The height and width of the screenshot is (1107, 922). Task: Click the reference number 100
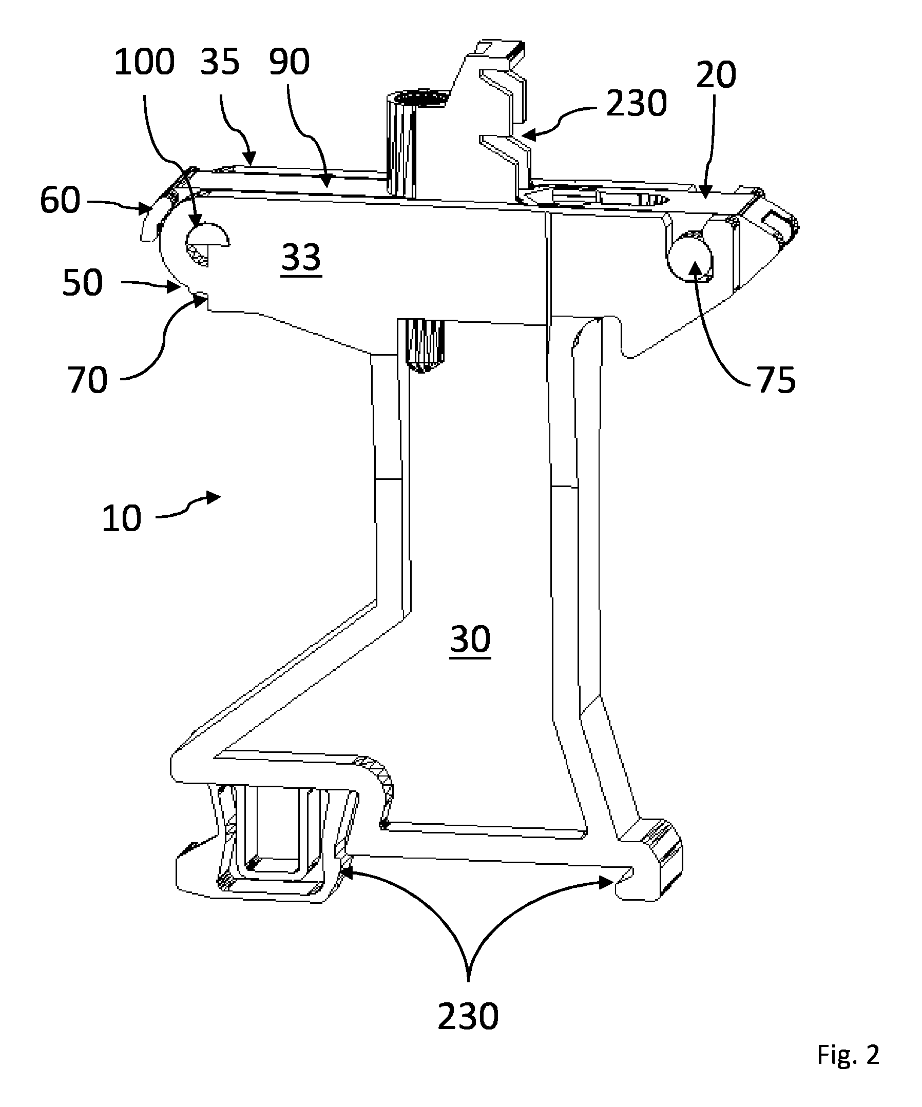(144, 62)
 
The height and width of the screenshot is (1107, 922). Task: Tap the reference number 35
(220, 62)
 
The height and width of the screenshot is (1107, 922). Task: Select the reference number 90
(289, 62)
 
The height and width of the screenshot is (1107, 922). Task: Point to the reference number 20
(716, 75)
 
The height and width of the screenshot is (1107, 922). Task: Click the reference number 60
(60, 201)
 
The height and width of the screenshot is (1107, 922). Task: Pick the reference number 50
(82, 283)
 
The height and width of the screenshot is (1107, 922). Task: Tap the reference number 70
(87, 380)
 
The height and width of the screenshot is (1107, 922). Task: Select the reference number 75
(777, 380)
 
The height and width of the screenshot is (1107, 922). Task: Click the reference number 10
(122, 518)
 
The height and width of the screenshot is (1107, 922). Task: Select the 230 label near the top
(636, 103)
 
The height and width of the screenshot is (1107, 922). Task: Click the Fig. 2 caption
(848, 1055)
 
